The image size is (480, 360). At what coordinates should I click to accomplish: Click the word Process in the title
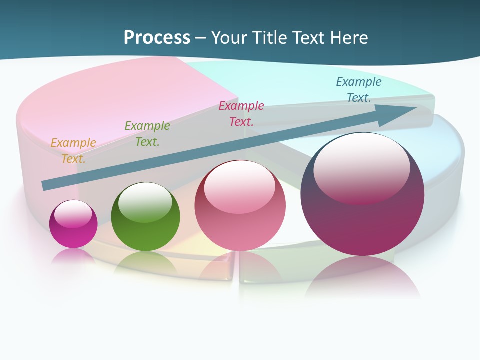click(157, 38)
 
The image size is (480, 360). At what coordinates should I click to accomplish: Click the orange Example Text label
click(73, 150)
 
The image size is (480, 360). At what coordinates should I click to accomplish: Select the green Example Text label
click(147, 133)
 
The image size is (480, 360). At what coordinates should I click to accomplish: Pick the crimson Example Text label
click(241, 113)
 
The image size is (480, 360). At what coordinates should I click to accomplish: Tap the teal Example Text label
click(358, 89)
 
